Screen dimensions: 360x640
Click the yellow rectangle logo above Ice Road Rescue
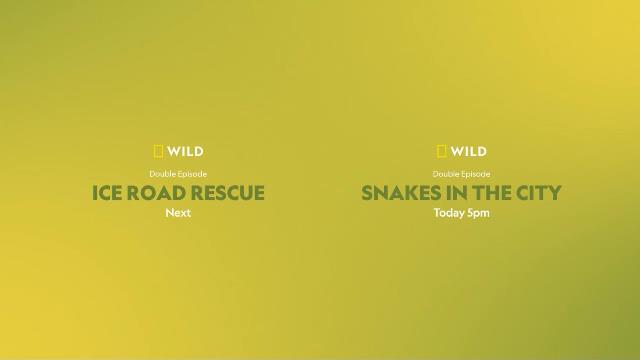[158, 152]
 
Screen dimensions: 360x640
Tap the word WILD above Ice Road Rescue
[185, 152]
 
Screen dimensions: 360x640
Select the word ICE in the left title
[108, 193]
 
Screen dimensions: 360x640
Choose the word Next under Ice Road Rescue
[178, 213]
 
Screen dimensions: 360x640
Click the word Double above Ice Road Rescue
[162, 174]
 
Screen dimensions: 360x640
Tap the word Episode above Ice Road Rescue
[192, 174]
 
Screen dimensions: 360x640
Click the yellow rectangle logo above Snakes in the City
[442, 152]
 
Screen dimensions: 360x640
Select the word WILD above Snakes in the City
[469, 152]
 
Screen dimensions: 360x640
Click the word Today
[448, 213]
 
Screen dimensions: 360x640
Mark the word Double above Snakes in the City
[446, 174]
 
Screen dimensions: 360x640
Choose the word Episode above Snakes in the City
[476, 174]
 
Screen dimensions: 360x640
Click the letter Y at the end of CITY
[555, 193]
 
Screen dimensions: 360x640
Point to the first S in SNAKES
[367, 193]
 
